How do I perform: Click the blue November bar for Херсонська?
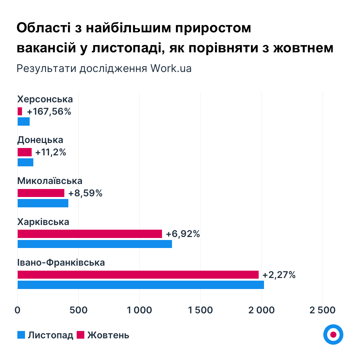24,122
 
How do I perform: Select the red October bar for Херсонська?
20,111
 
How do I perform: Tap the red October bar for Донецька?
25,152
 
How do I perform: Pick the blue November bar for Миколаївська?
43,203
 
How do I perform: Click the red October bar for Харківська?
90,234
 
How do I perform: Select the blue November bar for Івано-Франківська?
141,285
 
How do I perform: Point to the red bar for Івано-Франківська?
138,275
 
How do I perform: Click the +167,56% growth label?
49,112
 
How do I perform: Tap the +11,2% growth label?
51,152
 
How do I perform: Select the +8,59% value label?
85,193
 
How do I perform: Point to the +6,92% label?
183,234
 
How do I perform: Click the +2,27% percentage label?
279,275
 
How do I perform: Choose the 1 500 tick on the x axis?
200,310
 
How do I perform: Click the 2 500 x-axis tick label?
322,310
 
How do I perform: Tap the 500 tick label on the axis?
78,310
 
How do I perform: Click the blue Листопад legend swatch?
21,335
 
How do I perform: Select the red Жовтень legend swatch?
81,335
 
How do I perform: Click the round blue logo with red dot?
333,334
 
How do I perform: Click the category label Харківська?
43,222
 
